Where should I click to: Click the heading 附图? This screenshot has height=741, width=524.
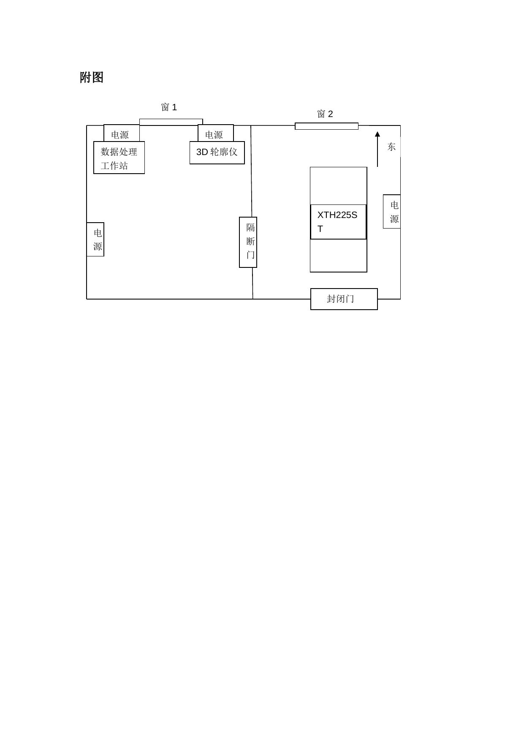point(92,78)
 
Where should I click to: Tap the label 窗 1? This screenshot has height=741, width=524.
point(169,107)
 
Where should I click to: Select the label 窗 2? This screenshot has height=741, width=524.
point(325,114)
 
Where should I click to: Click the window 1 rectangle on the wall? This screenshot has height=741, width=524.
point(171,122)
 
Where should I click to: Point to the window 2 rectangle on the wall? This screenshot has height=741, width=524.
point(326,126)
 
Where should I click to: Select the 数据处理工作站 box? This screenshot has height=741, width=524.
point(119,158)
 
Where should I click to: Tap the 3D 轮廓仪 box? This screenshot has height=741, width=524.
point(217,153)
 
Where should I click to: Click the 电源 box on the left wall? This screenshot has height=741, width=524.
point(95,240)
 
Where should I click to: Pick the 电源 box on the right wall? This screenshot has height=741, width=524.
point(392,212)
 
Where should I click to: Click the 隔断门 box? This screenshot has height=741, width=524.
point(248,242)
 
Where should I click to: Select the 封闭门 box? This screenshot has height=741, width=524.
point(344,299)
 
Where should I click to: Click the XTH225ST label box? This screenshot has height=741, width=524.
point(338,222)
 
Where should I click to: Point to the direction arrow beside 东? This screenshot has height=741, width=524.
point(377,150)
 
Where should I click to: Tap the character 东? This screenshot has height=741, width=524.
point(391,147)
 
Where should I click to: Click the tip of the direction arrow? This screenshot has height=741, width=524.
point(377,133)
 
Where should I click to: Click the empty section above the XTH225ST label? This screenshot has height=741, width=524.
point(338,186)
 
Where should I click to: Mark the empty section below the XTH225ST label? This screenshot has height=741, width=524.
point(338,256)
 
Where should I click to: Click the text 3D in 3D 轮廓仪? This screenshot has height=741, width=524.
point(202,152)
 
